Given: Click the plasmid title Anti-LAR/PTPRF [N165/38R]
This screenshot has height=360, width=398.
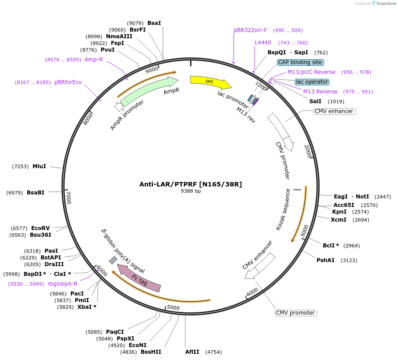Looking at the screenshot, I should pos(191,184).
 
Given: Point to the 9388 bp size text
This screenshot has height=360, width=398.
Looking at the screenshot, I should pos(191,191).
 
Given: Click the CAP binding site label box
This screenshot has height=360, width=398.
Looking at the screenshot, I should pos(300,62).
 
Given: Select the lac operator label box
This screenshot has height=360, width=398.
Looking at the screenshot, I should pos(312,82).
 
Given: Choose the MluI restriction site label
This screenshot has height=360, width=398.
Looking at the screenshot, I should pos(39,166).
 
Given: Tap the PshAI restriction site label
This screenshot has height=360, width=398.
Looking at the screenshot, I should pos(325,260).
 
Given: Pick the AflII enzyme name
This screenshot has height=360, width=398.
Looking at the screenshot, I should pos(193,352).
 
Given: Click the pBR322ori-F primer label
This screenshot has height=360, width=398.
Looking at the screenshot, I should pos(250,30).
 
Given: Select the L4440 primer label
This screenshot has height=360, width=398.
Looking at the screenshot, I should pos(263,43).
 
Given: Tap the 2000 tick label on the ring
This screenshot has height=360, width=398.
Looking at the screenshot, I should pos(308,151).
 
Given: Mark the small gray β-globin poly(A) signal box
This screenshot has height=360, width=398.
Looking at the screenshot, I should pos(113,260).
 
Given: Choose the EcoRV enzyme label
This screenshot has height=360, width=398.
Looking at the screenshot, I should pos(41,228).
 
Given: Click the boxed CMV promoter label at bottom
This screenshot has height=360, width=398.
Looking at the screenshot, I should pos(295,313).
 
